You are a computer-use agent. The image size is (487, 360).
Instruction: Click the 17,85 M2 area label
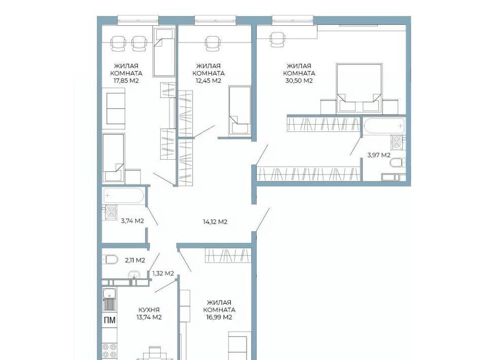[x=126, y=81]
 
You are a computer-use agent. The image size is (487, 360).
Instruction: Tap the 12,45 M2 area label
[x=208, y=81]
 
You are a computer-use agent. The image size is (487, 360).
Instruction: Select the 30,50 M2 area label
[x=299, y=81]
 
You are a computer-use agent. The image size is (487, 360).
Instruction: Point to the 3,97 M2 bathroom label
[x=379, y=155]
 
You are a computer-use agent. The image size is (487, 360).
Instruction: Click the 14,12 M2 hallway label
[x=215, y=222]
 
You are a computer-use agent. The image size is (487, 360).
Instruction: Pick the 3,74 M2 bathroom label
[x=132, y=221]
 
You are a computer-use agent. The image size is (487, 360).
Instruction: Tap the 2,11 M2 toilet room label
[x=135, y=261]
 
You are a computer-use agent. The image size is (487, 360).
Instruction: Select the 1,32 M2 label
[x=163, y=273]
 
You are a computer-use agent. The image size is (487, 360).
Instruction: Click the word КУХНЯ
[x=149, y=310]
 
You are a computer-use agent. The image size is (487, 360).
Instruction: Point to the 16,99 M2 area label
[x=219, y=317]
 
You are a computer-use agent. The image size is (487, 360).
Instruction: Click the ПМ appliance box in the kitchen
[x=110, y=320]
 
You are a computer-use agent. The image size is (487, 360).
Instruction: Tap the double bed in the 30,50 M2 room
[x=359, y=88]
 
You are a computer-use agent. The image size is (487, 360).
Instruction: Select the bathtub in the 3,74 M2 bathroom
[x=123, y=196]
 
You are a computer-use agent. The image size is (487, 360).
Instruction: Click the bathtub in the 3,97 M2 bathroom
[x=384, y=126]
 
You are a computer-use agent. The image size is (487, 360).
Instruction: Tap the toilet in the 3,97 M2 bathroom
[x=398, y=163]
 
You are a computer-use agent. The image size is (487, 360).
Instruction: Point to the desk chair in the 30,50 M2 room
[x=277, y=40]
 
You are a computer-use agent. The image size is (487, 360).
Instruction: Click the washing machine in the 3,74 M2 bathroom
[x=111, y=212]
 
